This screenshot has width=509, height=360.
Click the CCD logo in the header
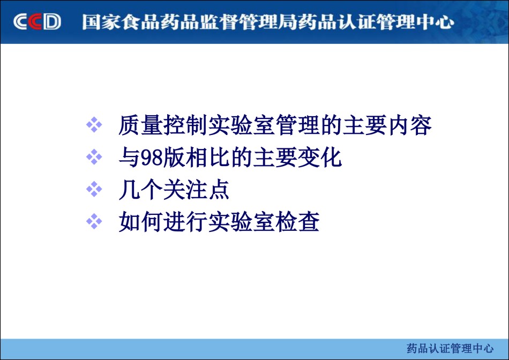(37, 22)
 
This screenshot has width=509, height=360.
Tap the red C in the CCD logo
(35, 22)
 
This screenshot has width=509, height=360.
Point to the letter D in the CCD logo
(52, 22)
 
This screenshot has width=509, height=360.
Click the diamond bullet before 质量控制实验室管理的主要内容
(94, 125)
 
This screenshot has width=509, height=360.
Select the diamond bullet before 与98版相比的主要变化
(94, 157)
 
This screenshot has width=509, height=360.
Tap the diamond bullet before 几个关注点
(94, 189)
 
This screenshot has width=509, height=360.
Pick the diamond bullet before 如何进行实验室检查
(94, 222)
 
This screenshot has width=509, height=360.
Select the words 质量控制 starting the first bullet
(163, 125)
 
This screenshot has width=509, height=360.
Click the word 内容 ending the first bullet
(410, 125)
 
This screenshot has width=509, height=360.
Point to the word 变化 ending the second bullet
(320, 157)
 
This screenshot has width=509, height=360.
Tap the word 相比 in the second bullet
(207, 157)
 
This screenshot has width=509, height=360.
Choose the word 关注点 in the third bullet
(197, 190)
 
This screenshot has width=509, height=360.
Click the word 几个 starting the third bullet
(140, 190)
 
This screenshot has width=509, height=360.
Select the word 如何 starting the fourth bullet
(140, 222)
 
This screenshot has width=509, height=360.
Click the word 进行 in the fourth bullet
(185, 222)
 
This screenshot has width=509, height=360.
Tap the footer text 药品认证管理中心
(450, 349)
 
